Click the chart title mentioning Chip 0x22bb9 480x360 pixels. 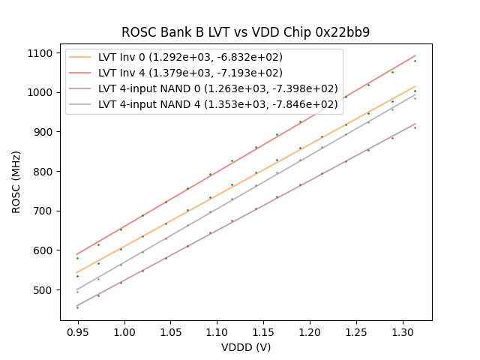[x=245, y=32]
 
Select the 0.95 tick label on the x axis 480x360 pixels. [x=77, y=331]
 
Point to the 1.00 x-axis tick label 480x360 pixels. [x=124, y=331]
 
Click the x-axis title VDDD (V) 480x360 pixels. [x=245, y=347]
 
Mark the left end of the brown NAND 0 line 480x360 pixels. [x=77, y=305]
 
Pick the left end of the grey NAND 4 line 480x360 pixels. [x=77, y=289]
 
